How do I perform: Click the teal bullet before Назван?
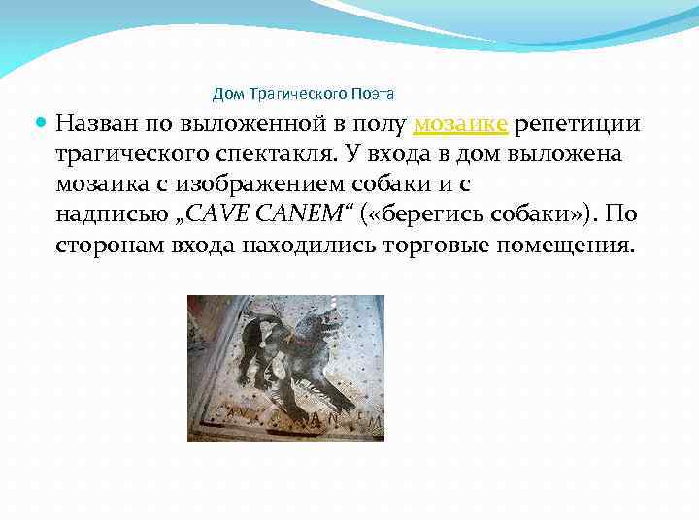coord(40,124)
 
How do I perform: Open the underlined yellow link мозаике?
coord(460,124)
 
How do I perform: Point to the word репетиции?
coord(577,124)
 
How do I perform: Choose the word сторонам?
coord(104,242)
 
